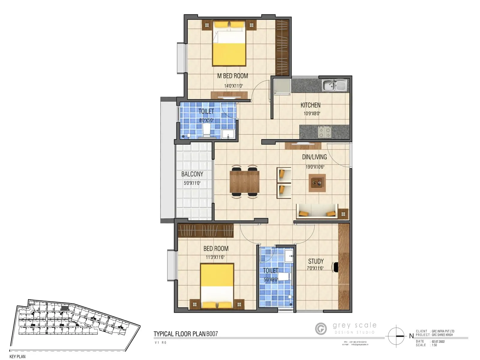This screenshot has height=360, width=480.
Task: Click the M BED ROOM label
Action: coord(232,76)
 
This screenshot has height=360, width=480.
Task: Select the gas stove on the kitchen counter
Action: coord(324,132)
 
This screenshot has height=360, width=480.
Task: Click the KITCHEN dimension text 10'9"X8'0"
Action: coord(312,114)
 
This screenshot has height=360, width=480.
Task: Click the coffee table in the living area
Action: coord(317,182)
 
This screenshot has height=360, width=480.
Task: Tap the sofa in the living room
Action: coord(317,211)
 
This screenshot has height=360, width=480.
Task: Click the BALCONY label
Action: coord(192,174)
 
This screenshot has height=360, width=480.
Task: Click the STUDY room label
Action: coord(316,261)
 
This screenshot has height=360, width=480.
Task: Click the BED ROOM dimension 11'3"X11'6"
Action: coord(215,257)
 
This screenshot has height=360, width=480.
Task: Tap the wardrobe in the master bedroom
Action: coord(282,47)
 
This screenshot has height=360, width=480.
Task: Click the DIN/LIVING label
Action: coord(314,157)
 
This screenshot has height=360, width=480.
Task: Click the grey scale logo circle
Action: coord(321,328)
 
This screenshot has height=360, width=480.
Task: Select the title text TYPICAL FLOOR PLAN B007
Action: coord(186,334)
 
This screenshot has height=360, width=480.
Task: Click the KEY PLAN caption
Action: coord(17,356)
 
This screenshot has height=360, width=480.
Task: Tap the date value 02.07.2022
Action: coord(438,341)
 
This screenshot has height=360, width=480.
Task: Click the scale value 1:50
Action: coord(434,345)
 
